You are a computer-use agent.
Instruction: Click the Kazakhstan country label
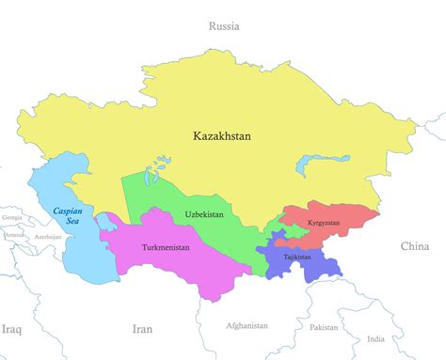coord(222,135)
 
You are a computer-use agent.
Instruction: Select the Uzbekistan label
coord(204,214)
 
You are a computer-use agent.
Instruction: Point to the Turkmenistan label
coord(165,247)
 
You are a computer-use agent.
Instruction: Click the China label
coord(414,246)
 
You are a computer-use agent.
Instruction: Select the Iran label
coord(141,329)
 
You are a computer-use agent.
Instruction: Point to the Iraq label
coord(11,329)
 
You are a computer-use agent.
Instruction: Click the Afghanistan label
coord(247,325)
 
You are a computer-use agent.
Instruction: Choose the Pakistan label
coord(323,327)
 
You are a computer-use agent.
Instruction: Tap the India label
coord(375,338)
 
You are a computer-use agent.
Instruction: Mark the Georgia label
coord(12,217)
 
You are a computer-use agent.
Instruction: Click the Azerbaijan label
coord(47,237)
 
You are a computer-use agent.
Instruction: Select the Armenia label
coord(14,235)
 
